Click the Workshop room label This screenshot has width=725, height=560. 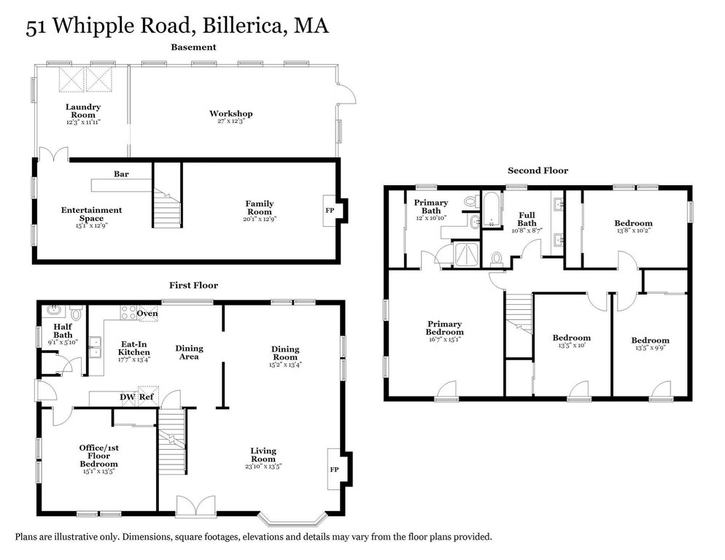(230, 113)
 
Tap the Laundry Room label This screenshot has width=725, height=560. (83, 111)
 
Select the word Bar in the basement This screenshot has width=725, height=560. (121, 174)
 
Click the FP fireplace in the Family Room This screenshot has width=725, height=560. (330, 211)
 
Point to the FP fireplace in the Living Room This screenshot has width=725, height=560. (334, 469)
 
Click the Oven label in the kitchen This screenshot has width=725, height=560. (147, 313)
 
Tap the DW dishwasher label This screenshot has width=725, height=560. (128, 397)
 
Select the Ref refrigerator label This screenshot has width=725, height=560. (147, 397)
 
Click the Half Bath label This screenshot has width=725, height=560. (63, 330)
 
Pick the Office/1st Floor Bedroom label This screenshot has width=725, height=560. (99, 456)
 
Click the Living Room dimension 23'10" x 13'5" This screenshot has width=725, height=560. (263, 466)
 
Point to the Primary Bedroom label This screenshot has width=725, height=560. (445, 328)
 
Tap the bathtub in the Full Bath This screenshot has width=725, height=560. (492, 210)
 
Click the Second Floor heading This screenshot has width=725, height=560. (538, 170)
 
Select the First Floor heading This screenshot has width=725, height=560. (193, 285)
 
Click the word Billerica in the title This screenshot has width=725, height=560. (242, 26)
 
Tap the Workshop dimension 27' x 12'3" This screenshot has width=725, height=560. (230, 121)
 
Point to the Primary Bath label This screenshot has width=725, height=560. (431, 206)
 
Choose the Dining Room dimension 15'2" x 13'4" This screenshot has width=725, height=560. (285, 365)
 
